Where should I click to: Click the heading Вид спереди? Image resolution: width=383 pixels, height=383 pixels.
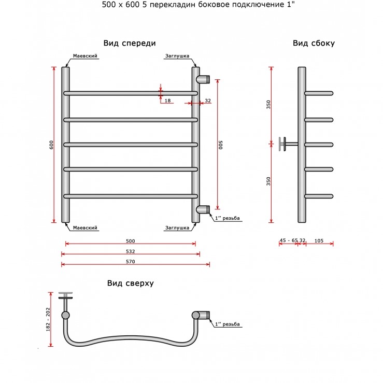click(x=130, y=43)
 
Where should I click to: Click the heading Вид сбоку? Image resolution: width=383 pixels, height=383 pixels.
click(x=314, y=43)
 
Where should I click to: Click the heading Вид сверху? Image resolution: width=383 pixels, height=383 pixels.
click(x=131, y=283)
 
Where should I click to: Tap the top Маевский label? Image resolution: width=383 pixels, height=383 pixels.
click(x=85, y=56)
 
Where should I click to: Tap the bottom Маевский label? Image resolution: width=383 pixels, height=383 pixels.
click(x=85, y=228)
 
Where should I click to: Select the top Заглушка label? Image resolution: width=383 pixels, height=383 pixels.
click(x=177, y=56)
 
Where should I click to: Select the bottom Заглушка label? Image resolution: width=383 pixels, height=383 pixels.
click(x=177, y=228)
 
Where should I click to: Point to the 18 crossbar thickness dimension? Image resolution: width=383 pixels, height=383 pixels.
click(x=167, y=101)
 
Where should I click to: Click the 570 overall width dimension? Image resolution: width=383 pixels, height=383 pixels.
click(x=131, y=262)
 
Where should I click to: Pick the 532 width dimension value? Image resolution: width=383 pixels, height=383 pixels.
click(x=131, y=251)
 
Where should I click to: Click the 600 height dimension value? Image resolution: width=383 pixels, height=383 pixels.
click(x=51, y=145)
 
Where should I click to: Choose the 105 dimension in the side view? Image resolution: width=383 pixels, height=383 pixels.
click(x=319, y=241)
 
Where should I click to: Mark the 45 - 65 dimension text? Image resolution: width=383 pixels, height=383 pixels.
click(x=289, y=240)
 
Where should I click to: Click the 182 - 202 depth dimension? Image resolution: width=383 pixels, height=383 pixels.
click(x=48, y=319)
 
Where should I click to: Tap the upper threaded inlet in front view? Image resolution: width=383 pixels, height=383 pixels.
click(x=203, y=80)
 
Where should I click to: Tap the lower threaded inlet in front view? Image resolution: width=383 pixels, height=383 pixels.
click(x=203, y=209)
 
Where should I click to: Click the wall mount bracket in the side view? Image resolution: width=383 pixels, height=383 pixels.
click(x=288, y=144)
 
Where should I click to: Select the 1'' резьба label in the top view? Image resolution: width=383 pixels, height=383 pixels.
click(x=228, y=324)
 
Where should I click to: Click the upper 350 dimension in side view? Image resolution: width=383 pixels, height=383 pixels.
click(x=268, y=105)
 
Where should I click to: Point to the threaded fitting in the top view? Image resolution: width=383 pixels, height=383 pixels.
click(x=201, y=315)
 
